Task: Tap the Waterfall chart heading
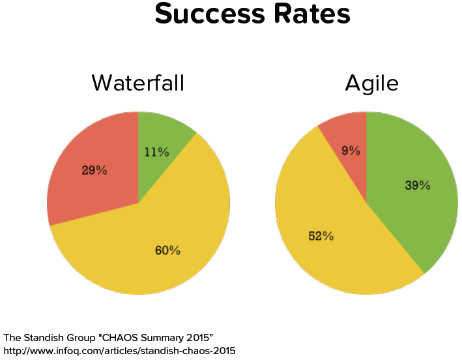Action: tap(137, 83)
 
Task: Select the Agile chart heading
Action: tap(371, 83)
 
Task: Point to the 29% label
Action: tap(94, 171)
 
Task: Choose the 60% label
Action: tap(167, 250)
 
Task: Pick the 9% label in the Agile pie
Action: tap(351, 151)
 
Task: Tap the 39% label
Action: tap(418, 185)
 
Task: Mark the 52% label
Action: tap(321, 236)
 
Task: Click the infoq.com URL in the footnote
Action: tap(119, 351)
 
